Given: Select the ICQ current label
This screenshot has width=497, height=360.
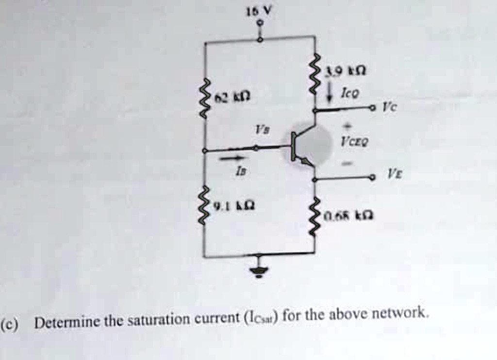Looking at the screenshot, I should pyautogui.click(x=348, y=91).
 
